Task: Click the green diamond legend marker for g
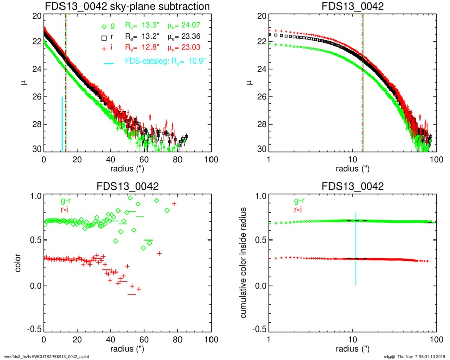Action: point(104,27)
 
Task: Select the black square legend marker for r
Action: point(104,38)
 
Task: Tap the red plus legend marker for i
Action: point(104,48)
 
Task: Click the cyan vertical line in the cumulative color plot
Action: point(356,249)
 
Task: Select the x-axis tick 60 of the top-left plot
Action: point(144,159)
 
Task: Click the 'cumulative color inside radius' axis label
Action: point(244,263)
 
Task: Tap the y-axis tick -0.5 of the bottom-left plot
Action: point(33,329)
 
